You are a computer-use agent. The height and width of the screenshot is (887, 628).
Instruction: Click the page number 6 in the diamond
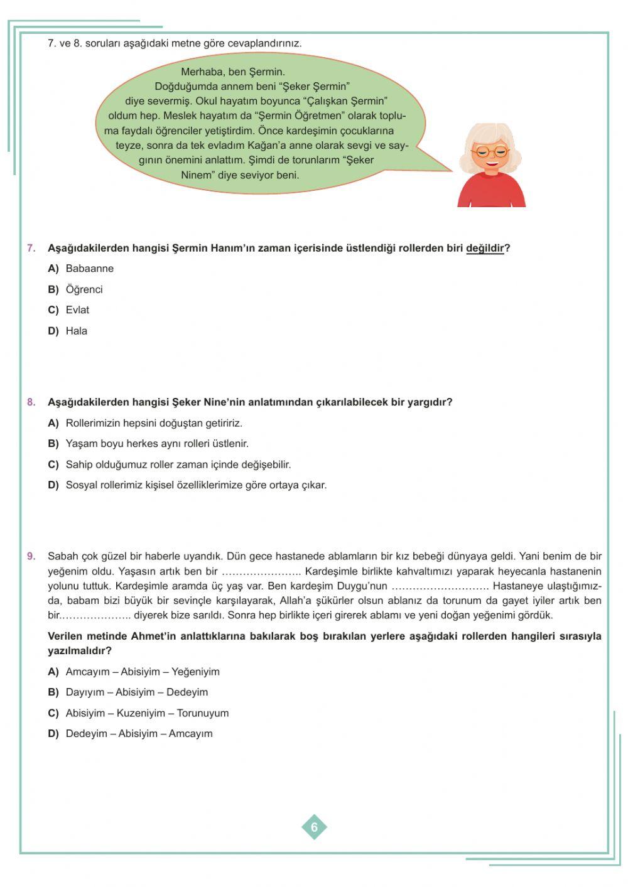314,827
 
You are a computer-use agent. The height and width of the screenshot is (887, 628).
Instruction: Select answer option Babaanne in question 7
89,269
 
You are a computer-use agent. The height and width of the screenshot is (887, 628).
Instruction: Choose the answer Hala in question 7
76,331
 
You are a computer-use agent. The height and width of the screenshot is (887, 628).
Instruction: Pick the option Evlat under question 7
77,310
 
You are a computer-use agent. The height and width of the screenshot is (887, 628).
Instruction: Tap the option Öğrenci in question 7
84,289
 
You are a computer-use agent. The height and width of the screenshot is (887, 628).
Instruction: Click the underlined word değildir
485,248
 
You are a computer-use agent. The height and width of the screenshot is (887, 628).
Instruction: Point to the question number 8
31,402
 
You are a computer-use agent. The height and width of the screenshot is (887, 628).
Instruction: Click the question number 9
31,556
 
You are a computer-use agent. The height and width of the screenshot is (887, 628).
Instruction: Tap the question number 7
31,248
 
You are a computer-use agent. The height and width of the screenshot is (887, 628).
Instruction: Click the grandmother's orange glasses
491,152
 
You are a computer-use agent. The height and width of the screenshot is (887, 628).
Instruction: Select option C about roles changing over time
178,465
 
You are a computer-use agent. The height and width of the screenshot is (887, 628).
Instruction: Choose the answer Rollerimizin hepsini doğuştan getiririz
154,423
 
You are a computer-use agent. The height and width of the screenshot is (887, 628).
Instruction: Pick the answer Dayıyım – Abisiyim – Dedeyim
136,692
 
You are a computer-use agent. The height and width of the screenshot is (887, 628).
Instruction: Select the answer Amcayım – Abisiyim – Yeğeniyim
143,672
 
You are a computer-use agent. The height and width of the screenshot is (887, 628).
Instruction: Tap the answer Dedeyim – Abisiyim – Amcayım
139,734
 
